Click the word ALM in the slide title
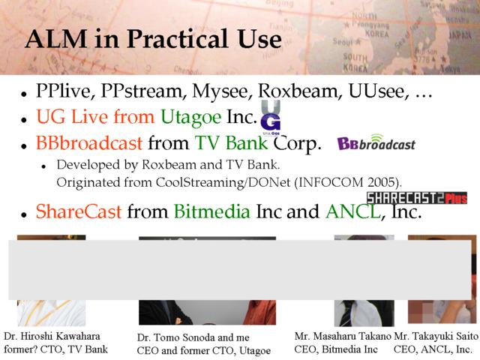click(x=56, y=39)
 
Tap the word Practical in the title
click(x=177, y=39)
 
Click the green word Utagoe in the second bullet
click(x=190, y=117)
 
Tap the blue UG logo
click(x=271, y=117)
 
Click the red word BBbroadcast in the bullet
click(x=89, y=143)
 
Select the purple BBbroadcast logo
click(x=376, y=142)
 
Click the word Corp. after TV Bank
click(x=297, y=144)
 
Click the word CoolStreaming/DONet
click(x=223, y=182)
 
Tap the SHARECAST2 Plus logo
click(x=417, y=198)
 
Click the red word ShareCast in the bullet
click(x=79, y=211)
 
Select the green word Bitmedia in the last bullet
click(x=211, y=211)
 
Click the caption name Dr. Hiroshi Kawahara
click(x=52, y=336)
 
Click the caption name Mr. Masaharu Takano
click(x=343, y=336)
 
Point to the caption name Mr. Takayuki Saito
click(x=436, y=336)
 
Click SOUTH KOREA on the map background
click(x=355, y=62)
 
